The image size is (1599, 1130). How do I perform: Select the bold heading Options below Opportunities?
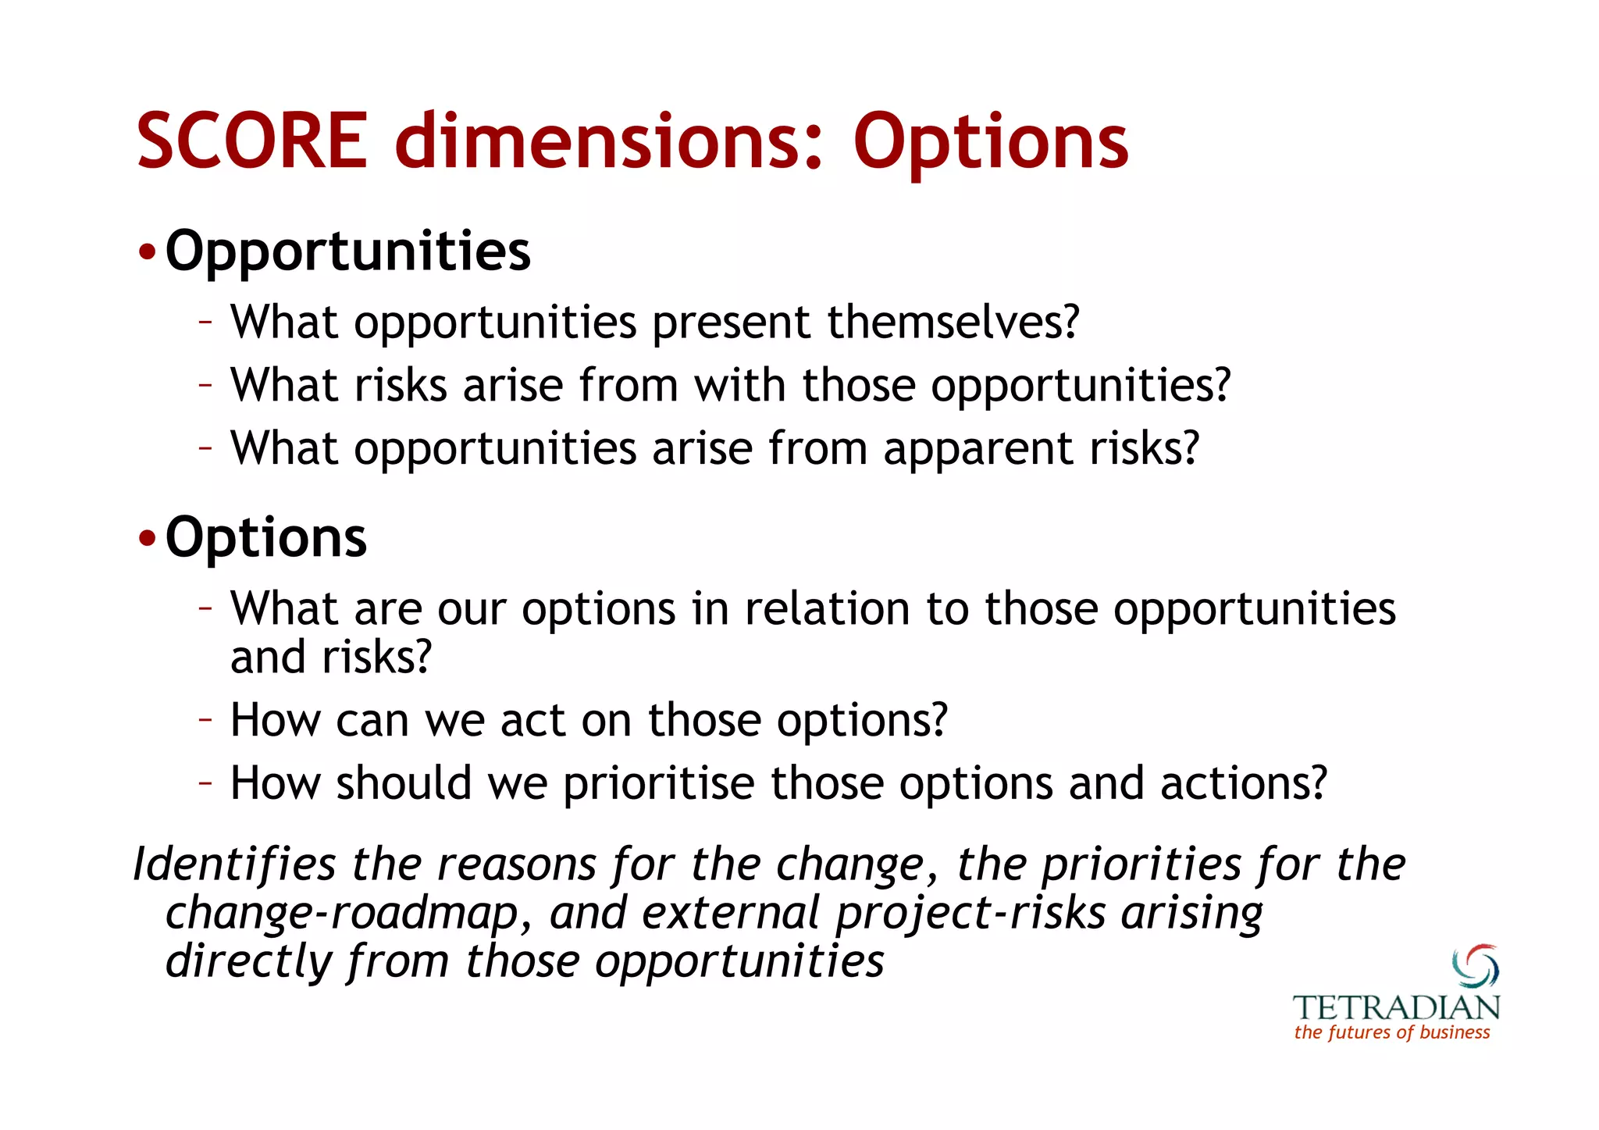[265, 539]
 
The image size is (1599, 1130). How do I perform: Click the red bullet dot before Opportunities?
[147, 254]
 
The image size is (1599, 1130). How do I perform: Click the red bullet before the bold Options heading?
[147, 540]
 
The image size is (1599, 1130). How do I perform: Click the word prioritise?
[658, 783]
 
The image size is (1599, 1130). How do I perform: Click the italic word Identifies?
[234, 864]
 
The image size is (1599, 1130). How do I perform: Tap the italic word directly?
[248, 961]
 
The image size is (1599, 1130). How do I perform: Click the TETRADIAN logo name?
[1396, 1007]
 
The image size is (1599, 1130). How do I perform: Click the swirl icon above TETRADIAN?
[1475, 966]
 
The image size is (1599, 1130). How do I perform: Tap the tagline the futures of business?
[1392, 1032]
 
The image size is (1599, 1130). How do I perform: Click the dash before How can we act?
[205, 718]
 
